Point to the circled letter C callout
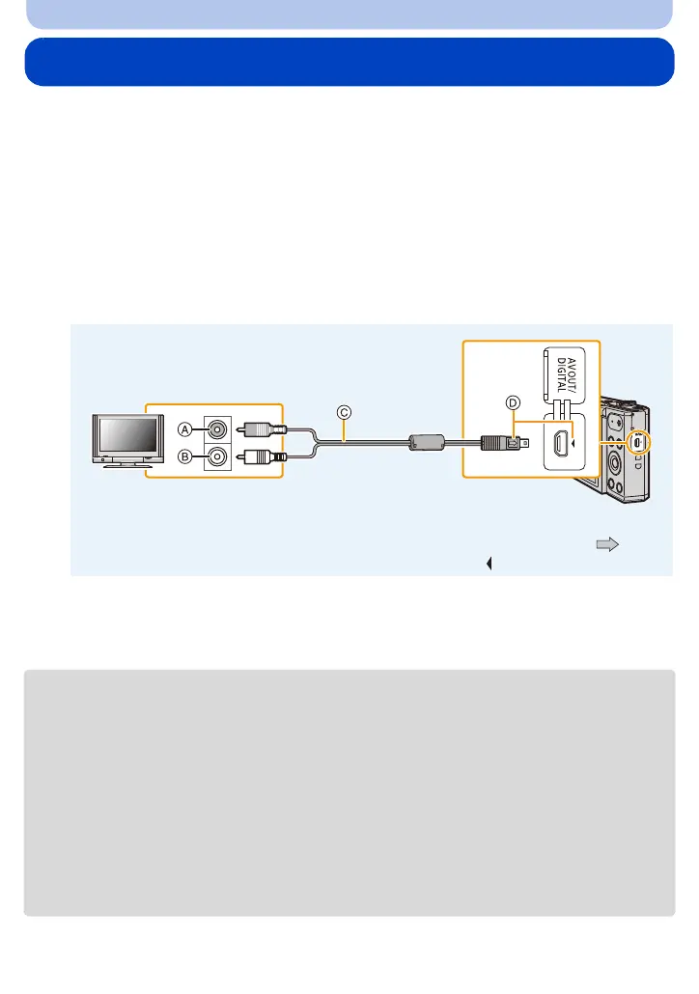click(344, 412)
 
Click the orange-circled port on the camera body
click(637, 441)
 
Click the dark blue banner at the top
click(349, 62)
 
